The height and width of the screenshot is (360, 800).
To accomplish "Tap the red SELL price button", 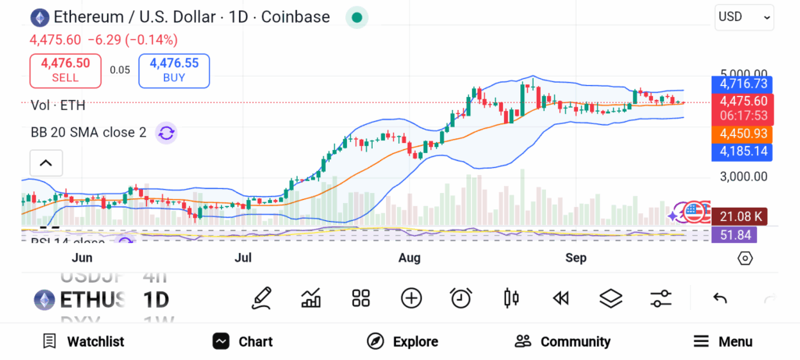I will pyautogui.click(x=65, y=70).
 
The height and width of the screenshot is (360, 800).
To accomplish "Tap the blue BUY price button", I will pyautogui.click(x=174, y=70).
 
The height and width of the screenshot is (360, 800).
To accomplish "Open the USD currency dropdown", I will pyautogui.click(x=744, y=16).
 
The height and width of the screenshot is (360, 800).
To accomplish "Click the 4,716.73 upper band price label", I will pyautogui.click(x=743, y=84).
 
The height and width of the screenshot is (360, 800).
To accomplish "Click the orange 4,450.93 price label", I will pyautogui.click(x=743, y=134).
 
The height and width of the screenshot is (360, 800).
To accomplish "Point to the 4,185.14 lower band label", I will pyautogui.click(x=743, y=151).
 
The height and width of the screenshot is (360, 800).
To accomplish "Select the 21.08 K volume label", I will pyautogui.click(x=743, y=216).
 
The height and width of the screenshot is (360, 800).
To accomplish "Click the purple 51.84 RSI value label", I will pyautogui.click(x=743, y=234).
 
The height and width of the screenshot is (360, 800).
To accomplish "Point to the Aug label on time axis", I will pyautogui.click(x=409, y=258).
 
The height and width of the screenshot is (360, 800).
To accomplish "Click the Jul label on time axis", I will pyautogui.click(x=243, y=258).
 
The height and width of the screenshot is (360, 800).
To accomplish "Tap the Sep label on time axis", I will pyautogui.click(x=576, y=258).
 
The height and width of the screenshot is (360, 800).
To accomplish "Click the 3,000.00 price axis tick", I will pyautogui.click(x=743, y=176).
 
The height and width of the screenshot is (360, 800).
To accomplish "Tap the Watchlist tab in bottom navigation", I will pyautogui.click(x=83, y=341).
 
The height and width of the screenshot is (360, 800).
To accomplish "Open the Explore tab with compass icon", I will pyautogui.click(x=402, y=341).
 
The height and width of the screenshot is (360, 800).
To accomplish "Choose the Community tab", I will pyautogui.click(x=562, y=341).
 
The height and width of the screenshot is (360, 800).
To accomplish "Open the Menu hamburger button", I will pyautogui.click(x=723, y=341).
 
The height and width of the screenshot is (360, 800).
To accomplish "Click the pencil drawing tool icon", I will pyautogui.click(x=262, y=298).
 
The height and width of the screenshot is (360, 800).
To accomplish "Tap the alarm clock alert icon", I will pyautogui.click(x=461, y=298).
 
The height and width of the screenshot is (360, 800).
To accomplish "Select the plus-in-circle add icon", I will pyautogui.click(x=411, y=298).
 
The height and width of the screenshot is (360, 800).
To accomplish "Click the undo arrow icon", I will pyautogui.click(x=720, y=298).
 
